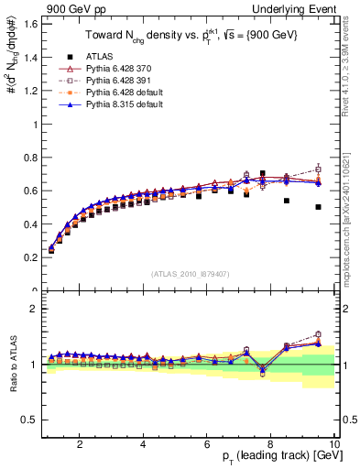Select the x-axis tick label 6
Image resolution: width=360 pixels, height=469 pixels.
pyautogui.click(x=207, y=444)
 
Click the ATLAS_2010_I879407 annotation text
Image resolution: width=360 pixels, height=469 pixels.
pyautogui.click(x=189, y=273)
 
